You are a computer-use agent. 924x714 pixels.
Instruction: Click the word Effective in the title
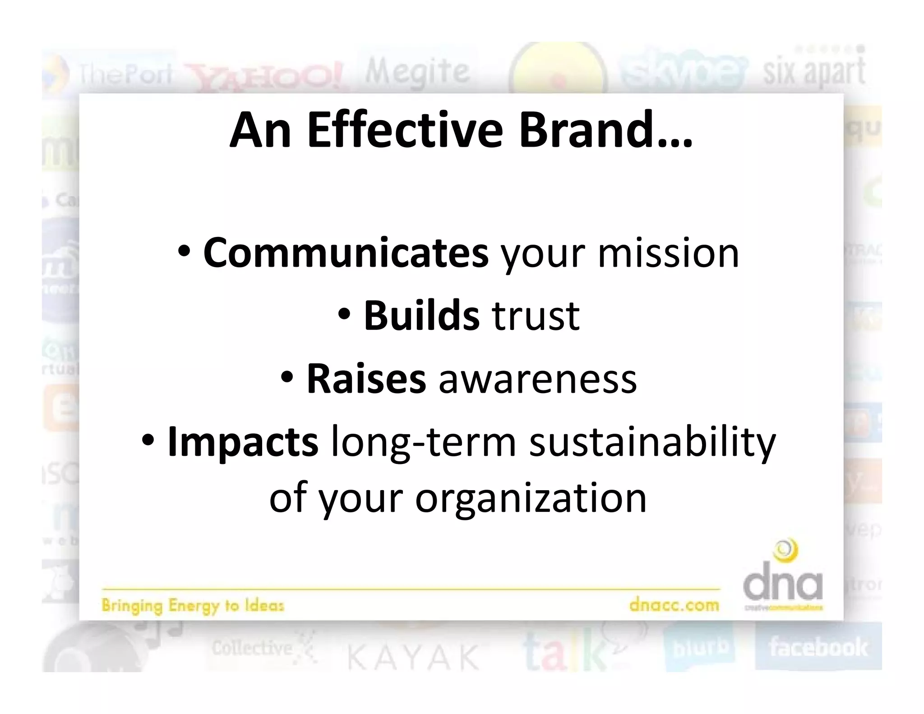point(405,130)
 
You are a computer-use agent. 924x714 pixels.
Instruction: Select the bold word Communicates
point(346,253)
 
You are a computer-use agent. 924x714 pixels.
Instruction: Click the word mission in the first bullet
point(668,253)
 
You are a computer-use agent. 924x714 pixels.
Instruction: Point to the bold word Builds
point(421,316)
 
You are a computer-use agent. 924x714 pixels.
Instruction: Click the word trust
point(536,316)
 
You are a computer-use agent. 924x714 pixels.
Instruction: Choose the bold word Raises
point(366,379)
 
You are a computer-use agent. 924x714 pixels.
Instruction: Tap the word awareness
point(537,379)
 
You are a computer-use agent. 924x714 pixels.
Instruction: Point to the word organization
point(531,499)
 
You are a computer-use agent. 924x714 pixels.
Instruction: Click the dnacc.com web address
point(674,605)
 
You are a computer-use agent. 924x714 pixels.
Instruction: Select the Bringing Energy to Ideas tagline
point(193,605)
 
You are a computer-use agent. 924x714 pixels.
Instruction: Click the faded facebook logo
point(818,647)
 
